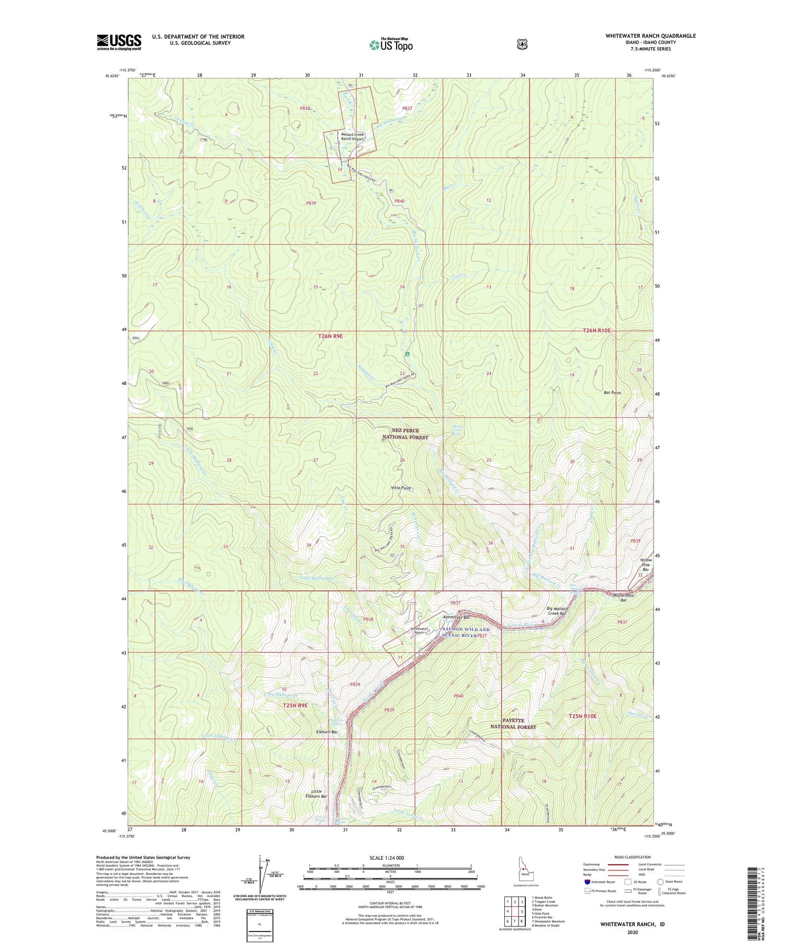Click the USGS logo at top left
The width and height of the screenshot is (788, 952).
coord(119,42)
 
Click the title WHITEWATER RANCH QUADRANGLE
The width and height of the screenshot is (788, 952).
coord(650,36)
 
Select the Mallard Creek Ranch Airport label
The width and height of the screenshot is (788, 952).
coord(352,137)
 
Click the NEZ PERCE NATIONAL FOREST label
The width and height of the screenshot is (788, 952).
coord(405,434)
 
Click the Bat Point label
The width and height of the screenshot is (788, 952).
coord(612,393)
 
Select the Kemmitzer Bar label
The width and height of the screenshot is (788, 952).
coord(455,617)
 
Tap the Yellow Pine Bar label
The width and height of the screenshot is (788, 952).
coord(646,564)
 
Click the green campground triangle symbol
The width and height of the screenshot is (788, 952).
coord(407,354)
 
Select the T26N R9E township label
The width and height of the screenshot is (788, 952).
coord(330,336)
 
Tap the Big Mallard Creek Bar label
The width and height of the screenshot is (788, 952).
coord(557,611)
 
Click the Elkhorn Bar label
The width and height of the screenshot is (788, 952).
coord(326,731)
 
